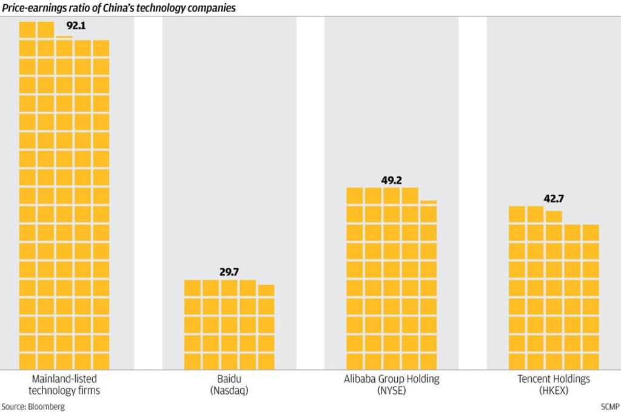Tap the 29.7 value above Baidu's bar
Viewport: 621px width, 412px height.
229,272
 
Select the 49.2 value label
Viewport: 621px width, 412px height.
391,180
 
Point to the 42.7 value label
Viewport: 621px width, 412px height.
554,198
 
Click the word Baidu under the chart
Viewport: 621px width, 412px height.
229,379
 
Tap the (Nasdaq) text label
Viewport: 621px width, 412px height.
229,391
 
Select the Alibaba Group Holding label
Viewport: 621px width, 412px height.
391,379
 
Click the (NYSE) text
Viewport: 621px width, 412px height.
391,391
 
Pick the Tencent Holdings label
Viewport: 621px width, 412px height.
554,379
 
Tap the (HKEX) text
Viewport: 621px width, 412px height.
554,391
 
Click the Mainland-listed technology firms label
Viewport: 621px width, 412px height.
64,385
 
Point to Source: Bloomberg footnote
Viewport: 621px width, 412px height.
33,406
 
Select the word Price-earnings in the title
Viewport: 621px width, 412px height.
31,8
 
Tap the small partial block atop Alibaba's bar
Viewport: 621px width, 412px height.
428,202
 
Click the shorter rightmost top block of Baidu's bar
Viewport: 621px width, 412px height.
266,290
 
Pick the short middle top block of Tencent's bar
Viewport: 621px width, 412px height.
554,217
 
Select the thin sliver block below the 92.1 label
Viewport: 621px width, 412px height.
64,38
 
